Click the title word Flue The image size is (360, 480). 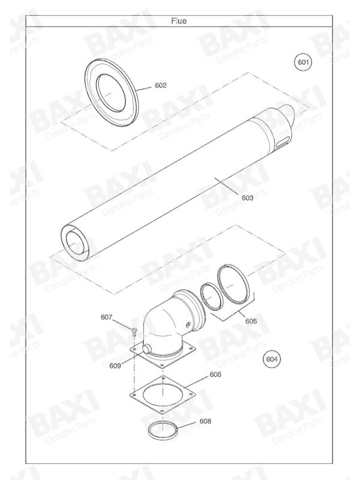(x=179, y=20)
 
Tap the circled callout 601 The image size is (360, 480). (x=304, y=62)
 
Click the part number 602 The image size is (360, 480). (x=161, y=85)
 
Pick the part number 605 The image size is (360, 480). (x=251, y=321)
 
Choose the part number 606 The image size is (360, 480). (x=216, y=374)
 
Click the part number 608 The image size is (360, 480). (x=205, y=422)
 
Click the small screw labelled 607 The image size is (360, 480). (x=133, y=329)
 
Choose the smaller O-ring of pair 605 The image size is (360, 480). (x=211, y=295)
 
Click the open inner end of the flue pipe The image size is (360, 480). (x=77, y=243)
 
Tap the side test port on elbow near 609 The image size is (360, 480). (x=147, y=348)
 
